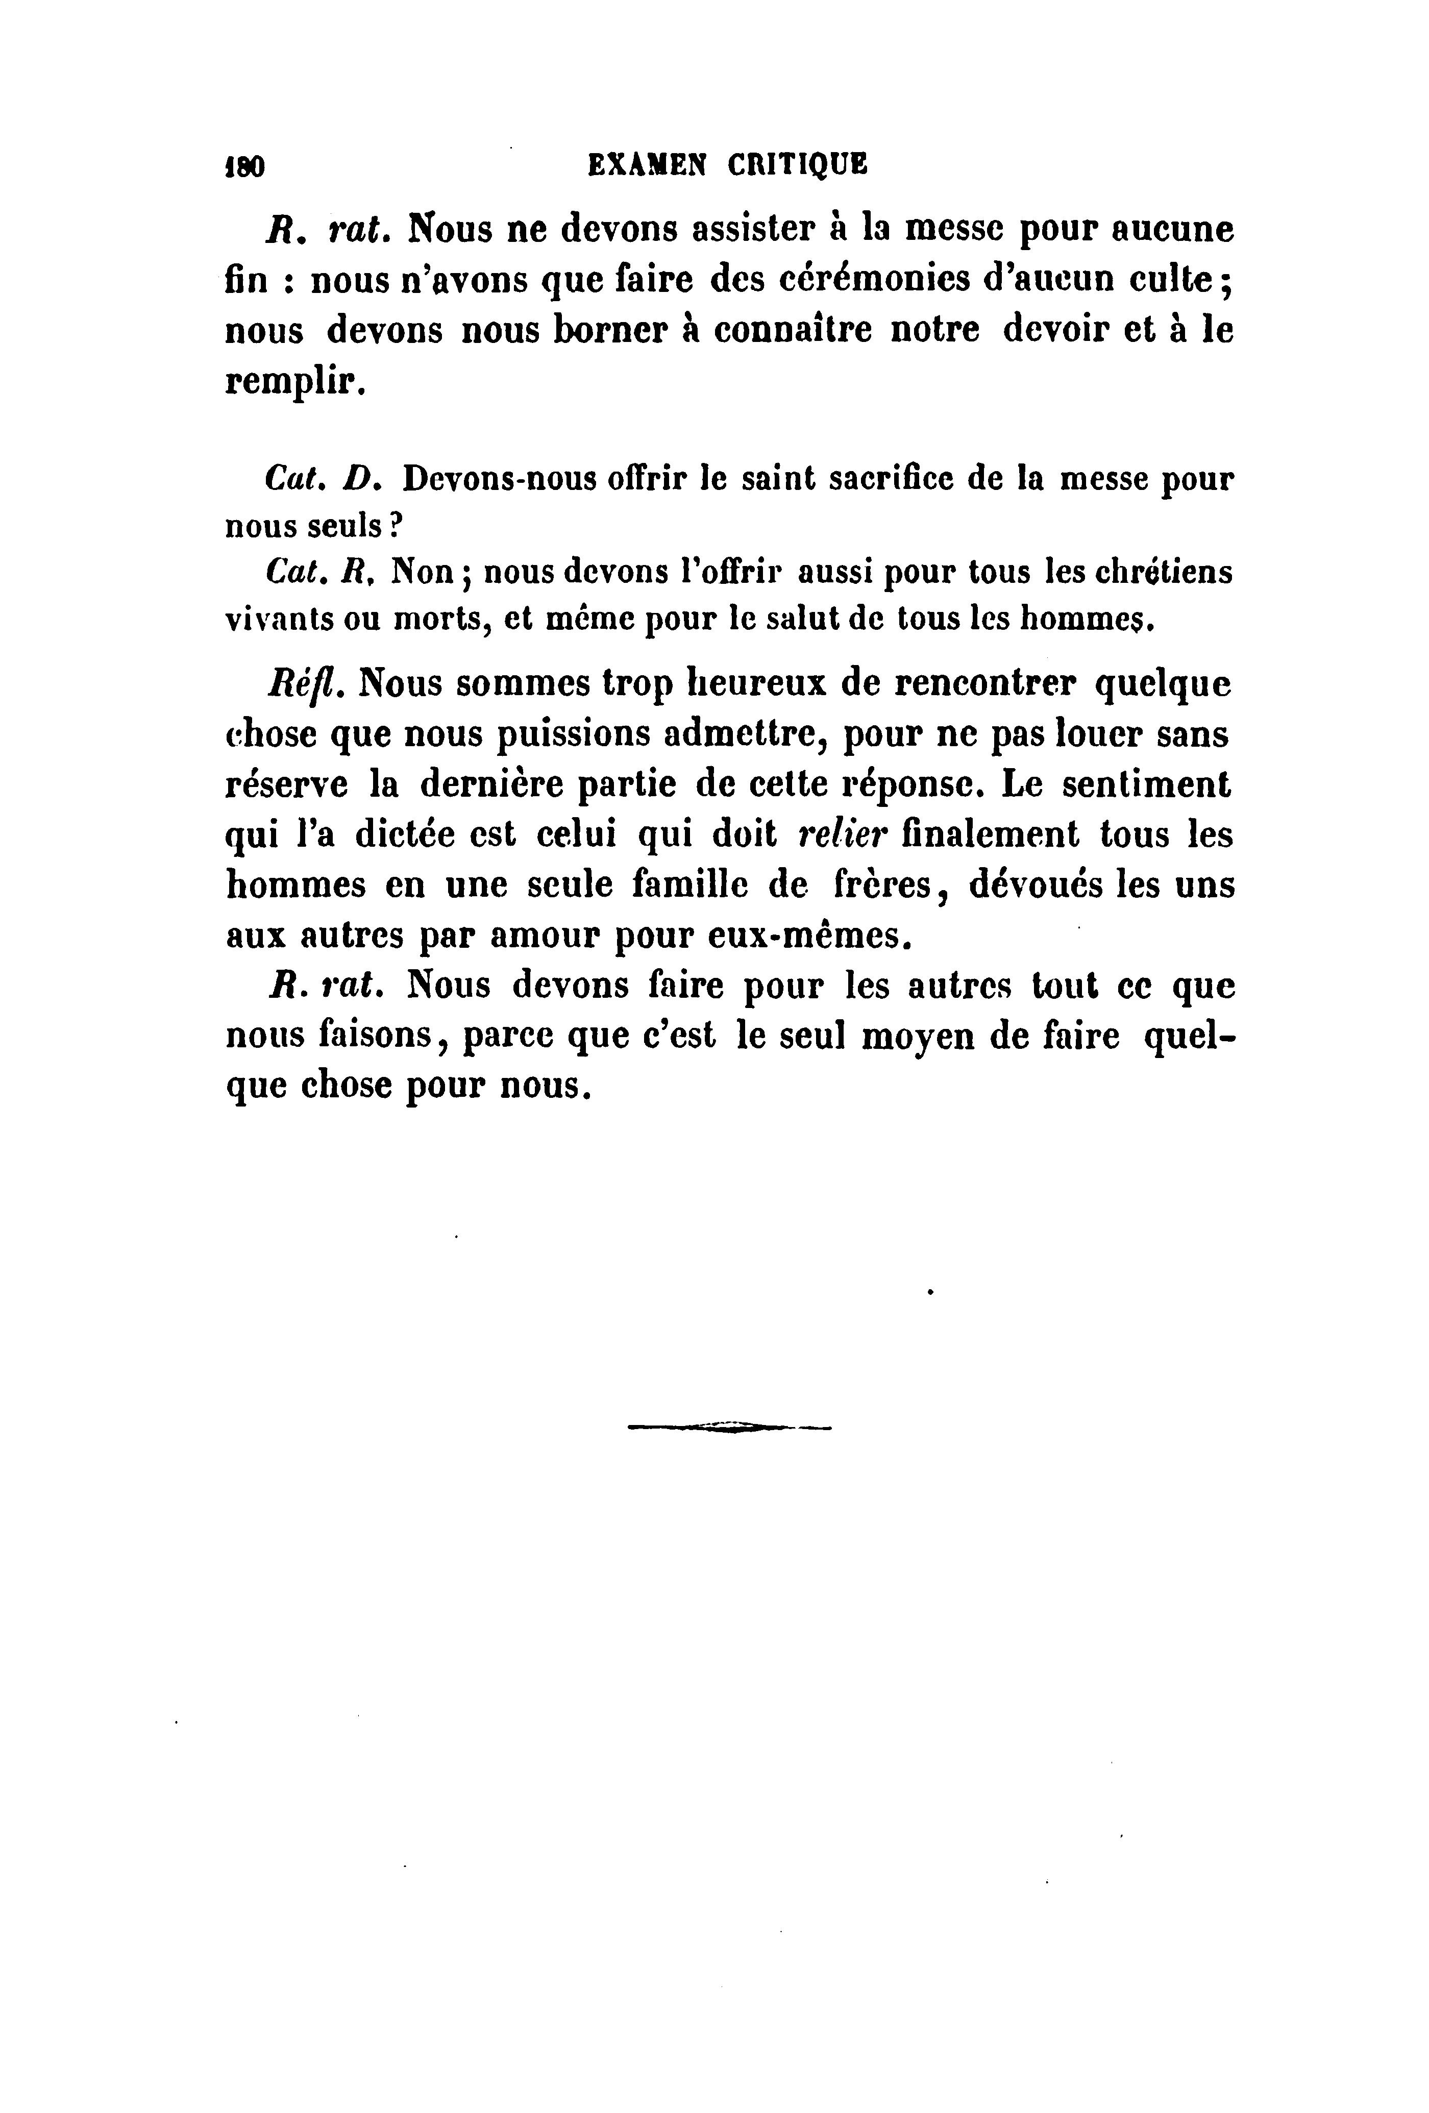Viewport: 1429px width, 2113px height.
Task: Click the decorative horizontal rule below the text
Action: [729, 1429]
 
